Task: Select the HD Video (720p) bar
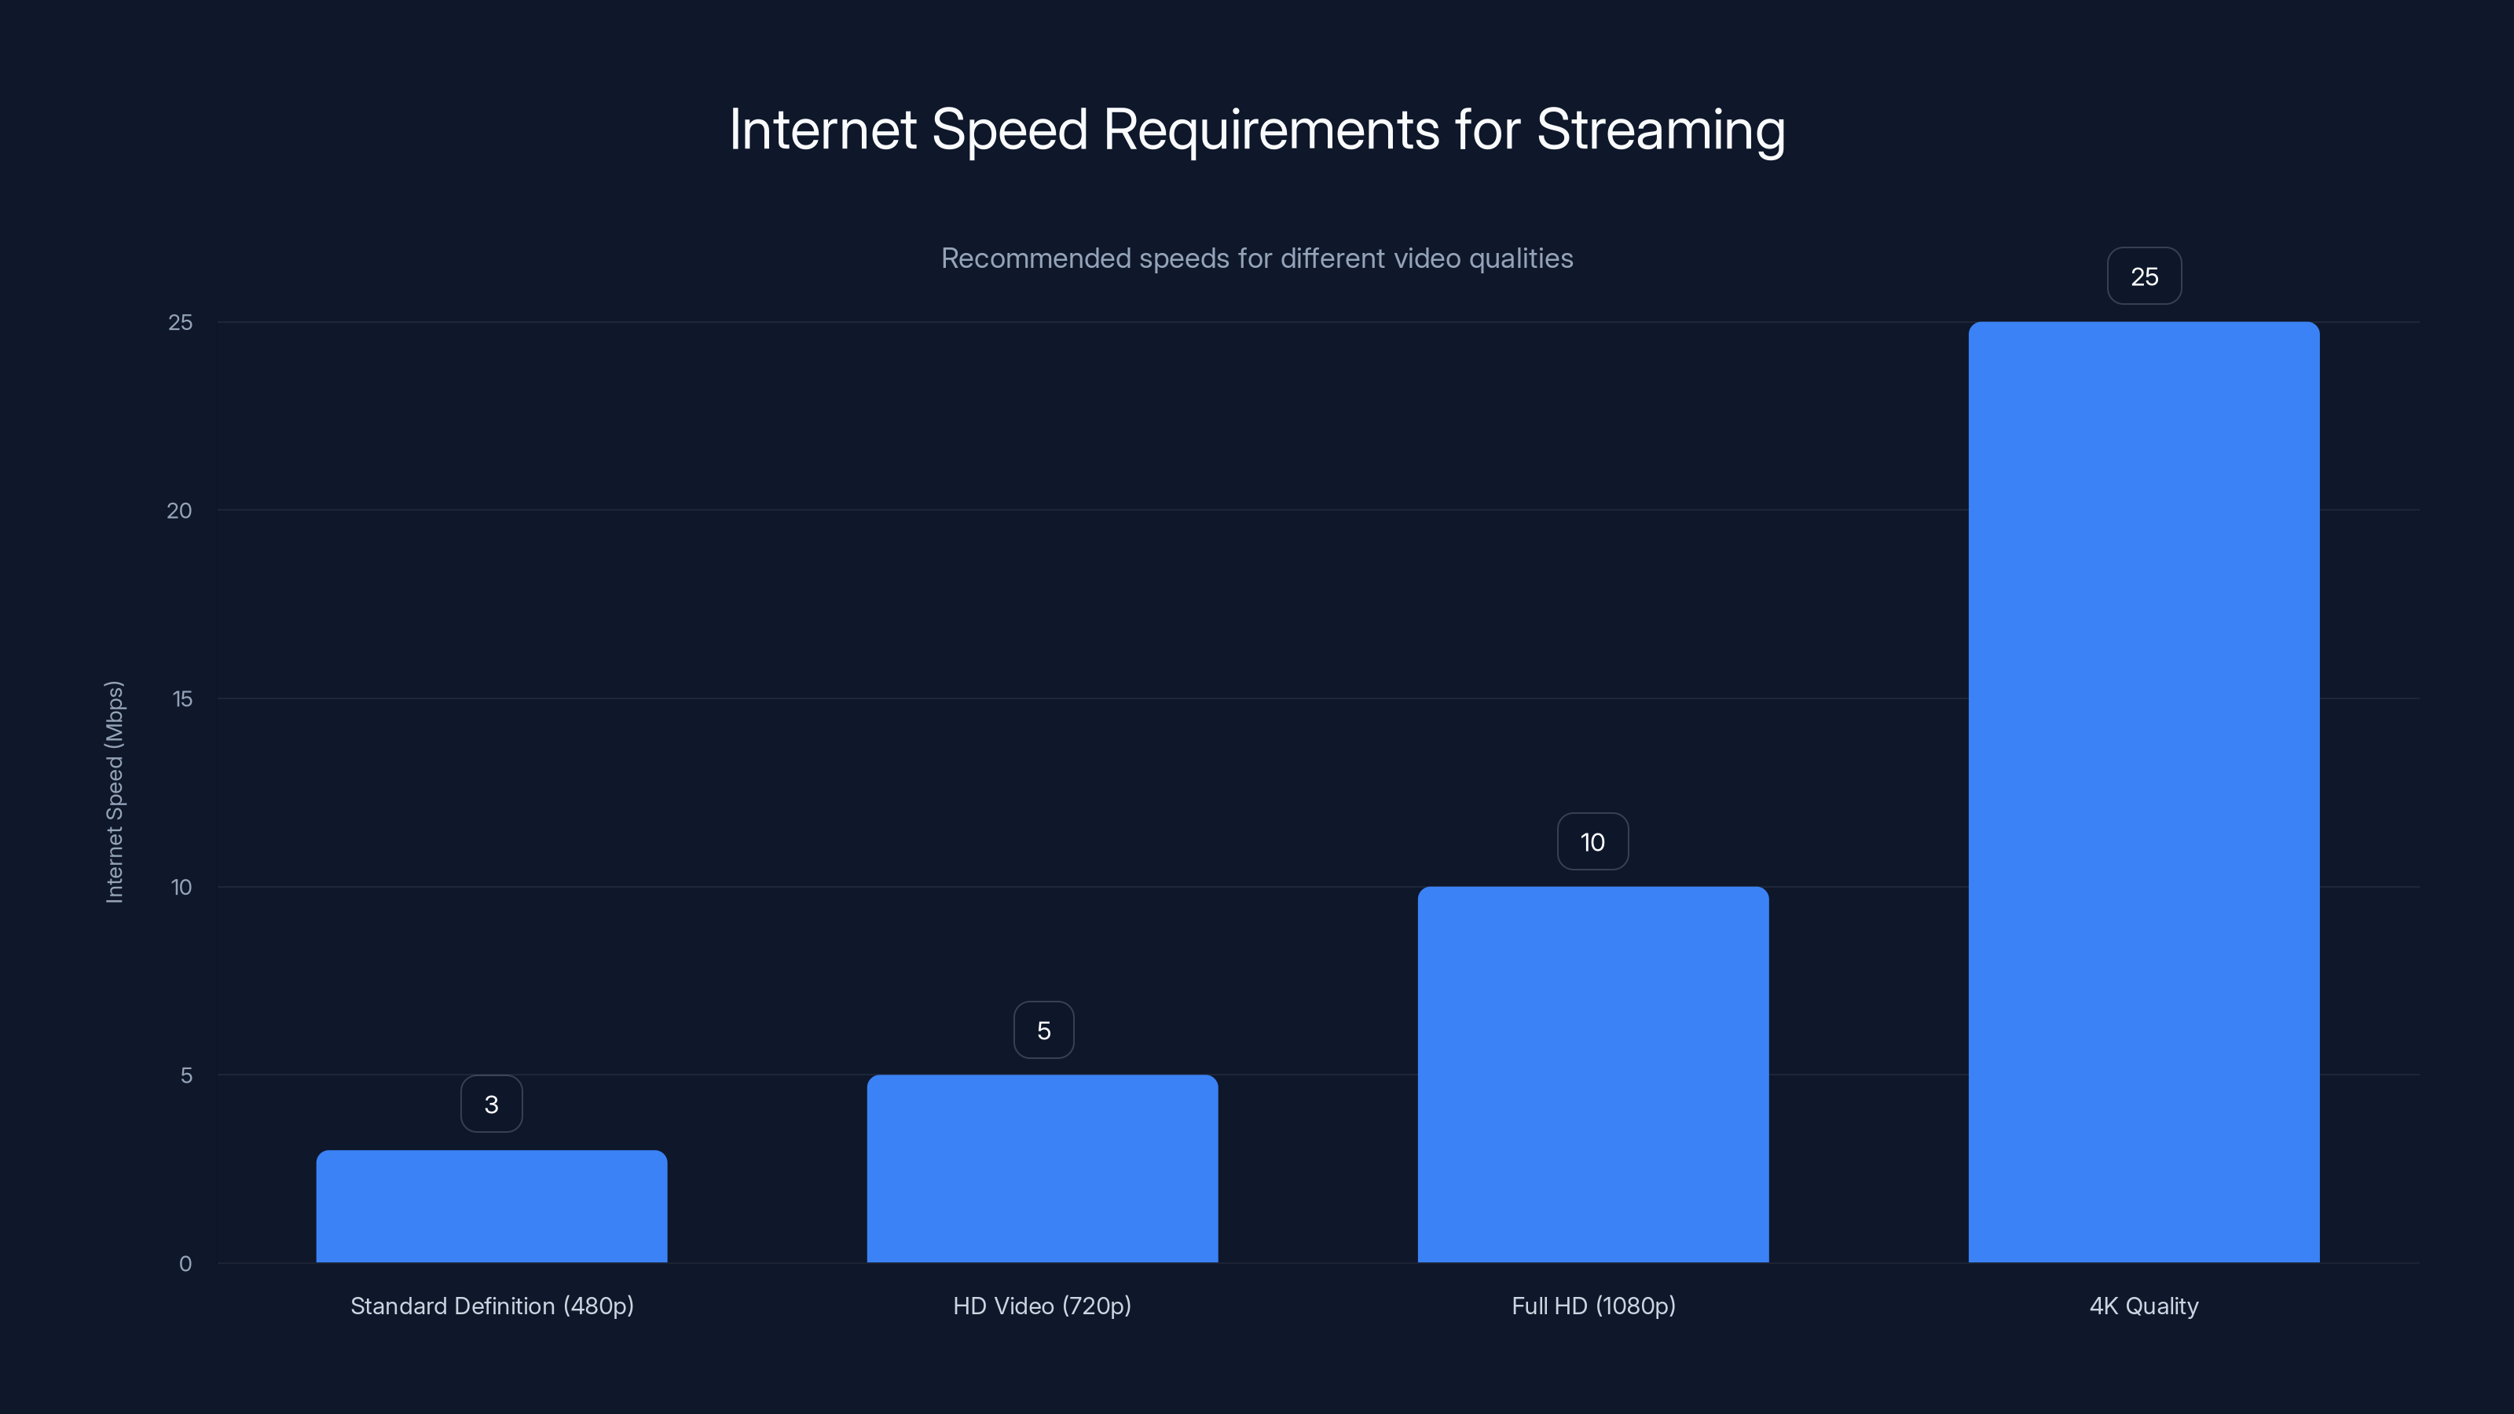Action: [x=1043, y=1168]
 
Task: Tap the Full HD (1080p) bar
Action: [x=1592, y=1075]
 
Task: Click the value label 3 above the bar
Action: [x=492, y=1104]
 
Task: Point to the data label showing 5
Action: [x=1043, y=1030]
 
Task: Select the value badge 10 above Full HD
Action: [x=1592, y=841]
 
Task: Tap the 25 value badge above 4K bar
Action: [x=2144, y=277]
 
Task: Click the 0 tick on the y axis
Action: [x=185, y=1264]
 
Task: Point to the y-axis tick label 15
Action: [x=181, y=698]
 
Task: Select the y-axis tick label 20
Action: [x=180, y=511]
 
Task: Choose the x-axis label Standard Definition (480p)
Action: [x=492, y=1306]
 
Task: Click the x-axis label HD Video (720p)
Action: [x=1043, y=1306]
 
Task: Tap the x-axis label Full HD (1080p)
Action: [x=1592, y=1306]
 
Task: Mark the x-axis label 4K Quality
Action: [x=2143, y=1306]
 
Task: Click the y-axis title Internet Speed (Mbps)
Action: [x=114, y=791]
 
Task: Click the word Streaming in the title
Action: [x=1661, y=130]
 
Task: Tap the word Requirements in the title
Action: [x=1270, y=130]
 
